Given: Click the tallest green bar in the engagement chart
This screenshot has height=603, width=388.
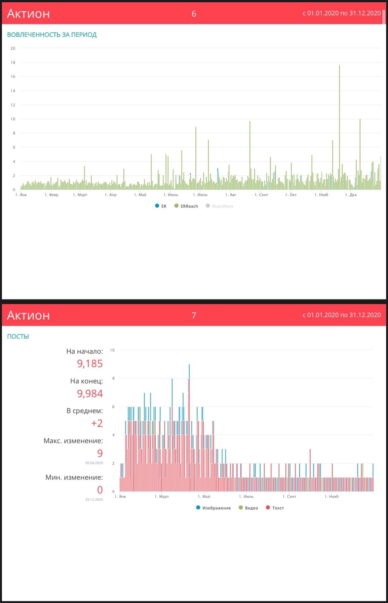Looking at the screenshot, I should pos(339,128).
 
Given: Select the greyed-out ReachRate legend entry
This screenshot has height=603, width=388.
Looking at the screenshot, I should pos(220,206).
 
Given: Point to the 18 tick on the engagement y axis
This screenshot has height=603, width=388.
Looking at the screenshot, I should pos(13,63).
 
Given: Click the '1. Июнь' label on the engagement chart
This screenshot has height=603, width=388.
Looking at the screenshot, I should pos(171,195).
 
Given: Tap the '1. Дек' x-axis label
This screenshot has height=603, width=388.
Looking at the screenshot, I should pos(351,195).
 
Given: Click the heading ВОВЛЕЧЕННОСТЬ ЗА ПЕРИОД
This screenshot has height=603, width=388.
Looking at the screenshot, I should pos(52,35).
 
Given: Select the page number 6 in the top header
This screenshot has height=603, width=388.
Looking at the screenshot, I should pos(194,14).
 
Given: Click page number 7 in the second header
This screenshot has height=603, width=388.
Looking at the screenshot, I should pos(194,315).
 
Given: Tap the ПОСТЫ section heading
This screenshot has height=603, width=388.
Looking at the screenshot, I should pos(18,336).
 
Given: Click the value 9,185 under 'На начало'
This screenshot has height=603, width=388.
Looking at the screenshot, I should pos(90,364).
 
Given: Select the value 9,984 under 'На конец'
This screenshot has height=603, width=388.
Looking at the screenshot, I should pos(90,393).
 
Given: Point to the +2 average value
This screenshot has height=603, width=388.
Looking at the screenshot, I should pos(97,423).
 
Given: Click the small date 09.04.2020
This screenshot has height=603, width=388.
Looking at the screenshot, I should pos(94,463).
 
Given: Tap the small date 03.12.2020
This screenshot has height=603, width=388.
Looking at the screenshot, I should pos(94,499).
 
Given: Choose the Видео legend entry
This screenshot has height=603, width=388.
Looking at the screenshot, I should pos(248,508).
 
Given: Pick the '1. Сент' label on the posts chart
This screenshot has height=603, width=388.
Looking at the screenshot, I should pos(289,497).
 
